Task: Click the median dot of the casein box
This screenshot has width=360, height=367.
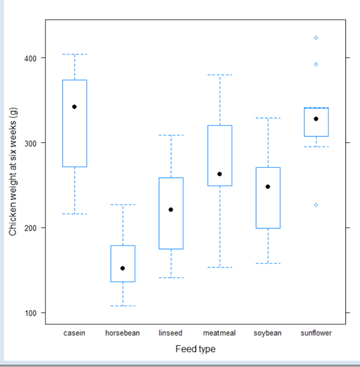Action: tap(74, 107)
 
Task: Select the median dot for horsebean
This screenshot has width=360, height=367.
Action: tap(123, 268)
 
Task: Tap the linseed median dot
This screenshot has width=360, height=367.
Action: tap(170, 209)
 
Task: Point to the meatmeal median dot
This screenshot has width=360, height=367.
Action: tap(219, 174)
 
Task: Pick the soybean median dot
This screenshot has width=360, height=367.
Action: tap(268, 186)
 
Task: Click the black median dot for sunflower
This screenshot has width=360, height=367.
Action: tap(316, 119)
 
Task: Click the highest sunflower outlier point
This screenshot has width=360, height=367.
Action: tap(316, 38)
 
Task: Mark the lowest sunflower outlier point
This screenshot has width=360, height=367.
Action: tap(316, 205)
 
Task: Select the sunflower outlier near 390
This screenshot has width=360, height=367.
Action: tap(316, 64)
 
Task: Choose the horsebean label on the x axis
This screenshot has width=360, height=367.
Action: tap(123, 333)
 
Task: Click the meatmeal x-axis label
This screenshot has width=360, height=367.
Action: tap(219, 333)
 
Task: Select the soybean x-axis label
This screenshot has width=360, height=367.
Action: tap(268, 333)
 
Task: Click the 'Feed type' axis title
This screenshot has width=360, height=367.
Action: tap(195, 349)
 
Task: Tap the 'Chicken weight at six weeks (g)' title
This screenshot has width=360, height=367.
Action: tap(14, 172)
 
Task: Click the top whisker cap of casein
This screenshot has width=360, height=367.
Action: tap(74, 54)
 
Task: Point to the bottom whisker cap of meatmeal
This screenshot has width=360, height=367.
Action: tap(219, 268)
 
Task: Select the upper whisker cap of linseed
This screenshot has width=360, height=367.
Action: tap(170, 135)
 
